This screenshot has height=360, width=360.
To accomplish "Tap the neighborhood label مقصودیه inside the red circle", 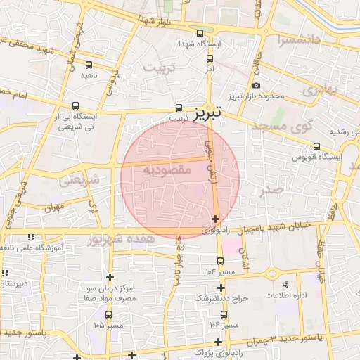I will pos(163,170).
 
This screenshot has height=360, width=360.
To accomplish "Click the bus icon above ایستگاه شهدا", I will pos(200,33).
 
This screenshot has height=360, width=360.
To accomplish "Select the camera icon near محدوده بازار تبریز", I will pos(256,86).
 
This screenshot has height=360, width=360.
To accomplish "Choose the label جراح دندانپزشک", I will pos(221,298).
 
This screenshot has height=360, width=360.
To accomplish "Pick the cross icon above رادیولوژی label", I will pos(214,219).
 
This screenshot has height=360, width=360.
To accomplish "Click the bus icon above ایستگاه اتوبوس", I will pos(316,146).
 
